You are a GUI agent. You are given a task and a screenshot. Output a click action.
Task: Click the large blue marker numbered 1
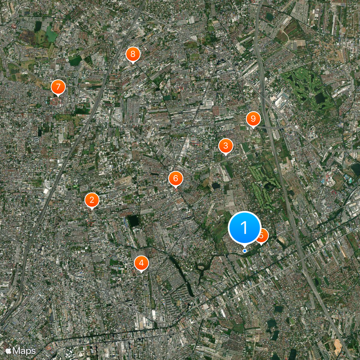point(244,228)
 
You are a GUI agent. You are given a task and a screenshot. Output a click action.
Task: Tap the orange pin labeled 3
point(225,146)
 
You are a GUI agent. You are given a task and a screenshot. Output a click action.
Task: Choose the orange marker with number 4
point(141,263)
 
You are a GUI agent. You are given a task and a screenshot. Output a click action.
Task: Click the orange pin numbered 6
point(175,178)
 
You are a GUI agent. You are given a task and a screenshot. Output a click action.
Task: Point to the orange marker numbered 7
point(58,87)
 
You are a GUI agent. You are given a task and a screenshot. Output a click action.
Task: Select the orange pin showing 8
point(132,54)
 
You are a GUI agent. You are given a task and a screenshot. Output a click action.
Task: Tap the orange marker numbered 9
point(253,119)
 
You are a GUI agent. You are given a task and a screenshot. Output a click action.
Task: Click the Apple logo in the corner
point(9,350)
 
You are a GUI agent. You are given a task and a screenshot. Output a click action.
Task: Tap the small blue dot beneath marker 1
point(244,251)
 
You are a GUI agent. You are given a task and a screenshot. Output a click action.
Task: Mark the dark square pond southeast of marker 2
point(133,220)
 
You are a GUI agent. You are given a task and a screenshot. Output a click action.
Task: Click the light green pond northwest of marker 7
point(51,35)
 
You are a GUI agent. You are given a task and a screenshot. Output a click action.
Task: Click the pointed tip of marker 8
point(132,64)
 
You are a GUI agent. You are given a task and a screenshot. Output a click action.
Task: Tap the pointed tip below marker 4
point(141,272)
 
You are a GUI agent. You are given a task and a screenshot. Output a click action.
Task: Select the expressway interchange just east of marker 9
point(275,128)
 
